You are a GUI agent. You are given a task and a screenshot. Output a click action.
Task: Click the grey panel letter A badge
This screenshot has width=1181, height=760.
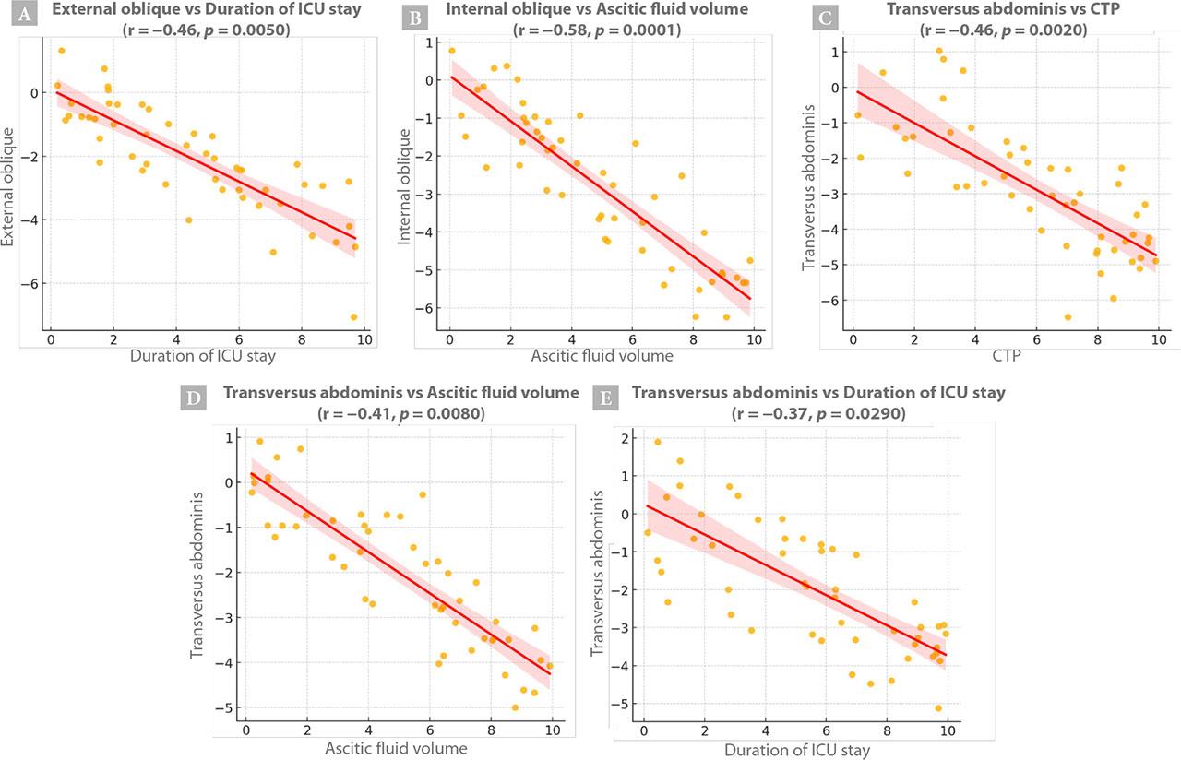(x=21, y=15)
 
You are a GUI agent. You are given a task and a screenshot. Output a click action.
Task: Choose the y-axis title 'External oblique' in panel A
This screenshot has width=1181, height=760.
(x=13, y=184)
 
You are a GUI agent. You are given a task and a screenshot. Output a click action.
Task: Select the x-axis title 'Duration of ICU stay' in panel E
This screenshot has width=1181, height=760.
(x=794, y=749)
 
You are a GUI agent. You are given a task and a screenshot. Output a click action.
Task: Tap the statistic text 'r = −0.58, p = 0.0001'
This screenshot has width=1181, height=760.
(x=597, y=30)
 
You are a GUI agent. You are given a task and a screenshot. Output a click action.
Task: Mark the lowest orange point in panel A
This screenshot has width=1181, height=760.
(x=353, y=317)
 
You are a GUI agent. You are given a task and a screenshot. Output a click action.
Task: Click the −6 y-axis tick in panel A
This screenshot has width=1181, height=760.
(x=31, y=283)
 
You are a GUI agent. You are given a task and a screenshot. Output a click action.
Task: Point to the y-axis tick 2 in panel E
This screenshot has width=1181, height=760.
(x=627, y=438)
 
